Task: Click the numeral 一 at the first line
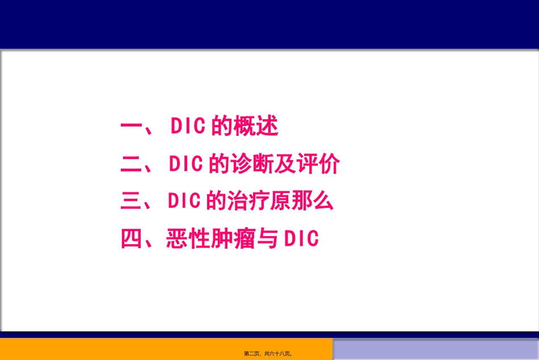point(132,127)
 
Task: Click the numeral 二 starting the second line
point(132,164)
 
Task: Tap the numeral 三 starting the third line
point(132,202)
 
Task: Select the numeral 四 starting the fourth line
point(132,239)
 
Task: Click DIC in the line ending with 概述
point(188,127)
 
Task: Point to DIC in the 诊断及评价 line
point(186,164)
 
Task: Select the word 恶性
point(187,239)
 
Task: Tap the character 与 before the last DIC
point(266,239)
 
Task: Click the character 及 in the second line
point(285,164)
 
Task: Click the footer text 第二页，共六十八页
point(268,354)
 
